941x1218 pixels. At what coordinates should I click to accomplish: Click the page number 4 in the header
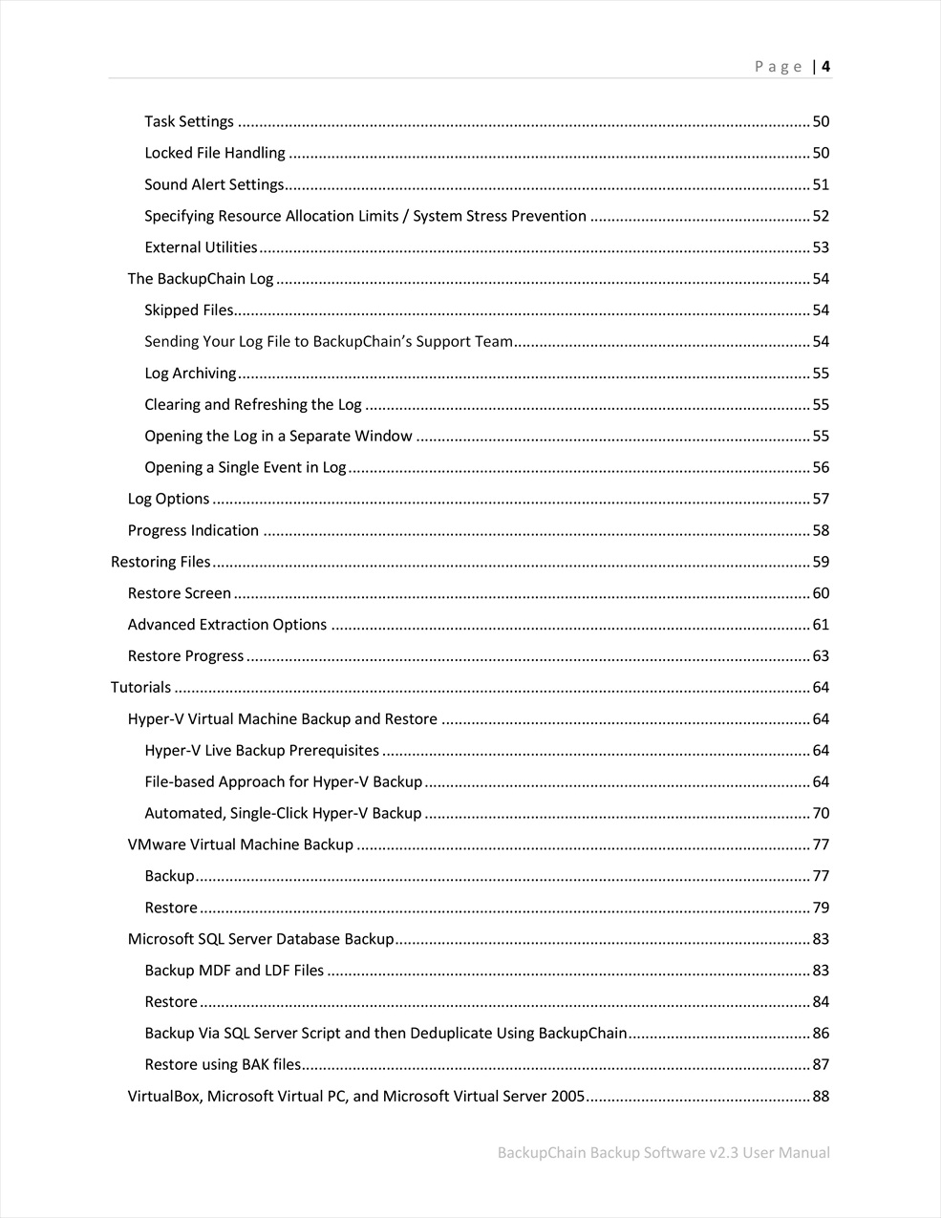tap(825, 66)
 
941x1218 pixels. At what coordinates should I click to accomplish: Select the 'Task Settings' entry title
tap(189, 121)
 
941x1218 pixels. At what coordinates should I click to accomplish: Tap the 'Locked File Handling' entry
tap(215, 153)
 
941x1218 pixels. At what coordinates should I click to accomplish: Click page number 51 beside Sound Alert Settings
tap(821, 184)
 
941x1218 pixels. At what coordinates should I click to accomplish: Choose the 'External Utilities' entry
tap(201, 247)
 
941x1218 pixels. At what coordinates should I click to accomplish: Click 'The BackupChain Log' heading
tap(201, 279)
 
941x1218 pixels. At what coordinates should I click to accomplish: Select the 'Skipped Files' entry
tap(188, 310)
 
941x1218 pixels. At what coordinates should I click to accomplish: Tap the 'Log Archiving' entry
tap(190, 374)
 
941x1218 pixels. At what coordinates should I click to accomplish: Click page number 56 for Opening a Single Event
tap(821, 467)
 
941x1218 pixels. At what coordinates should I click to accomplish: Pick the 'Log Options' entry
tap(168, 499)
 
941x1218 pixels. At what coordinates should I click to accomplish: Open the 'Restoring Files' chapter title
tap(160, 562)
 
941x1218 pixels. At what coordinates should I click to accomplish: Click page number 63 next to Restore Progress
tap(821, 656)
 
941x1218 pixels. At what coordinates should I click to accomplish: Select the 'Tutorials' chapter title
tap(140, 688)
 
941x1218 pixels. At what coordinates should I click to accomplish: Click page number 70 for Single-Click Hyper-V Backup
tap(821, 814)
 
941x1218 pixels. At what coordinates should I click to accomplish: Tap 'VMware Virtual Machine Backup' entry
tap(241, 844)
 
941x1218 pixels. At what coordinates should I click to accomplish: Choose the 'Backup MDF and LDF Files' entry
tap(234, 971)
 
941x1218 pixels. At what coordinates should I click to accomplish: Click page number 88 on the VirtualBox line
tap(821, 1097)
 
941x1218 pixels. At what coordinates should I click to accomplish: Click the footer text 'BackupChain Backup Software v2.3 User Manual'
tap(663, 1152)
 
